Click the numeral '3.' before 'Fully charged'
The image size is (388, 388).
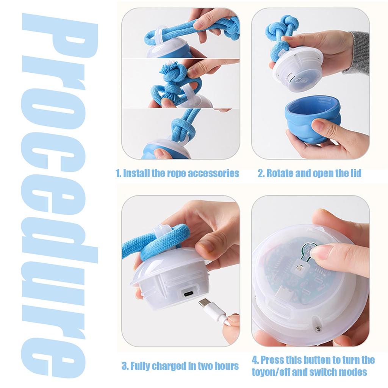tap(125, 366)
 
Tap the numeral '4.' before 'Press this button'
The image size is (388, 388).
tap(256, 360)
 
